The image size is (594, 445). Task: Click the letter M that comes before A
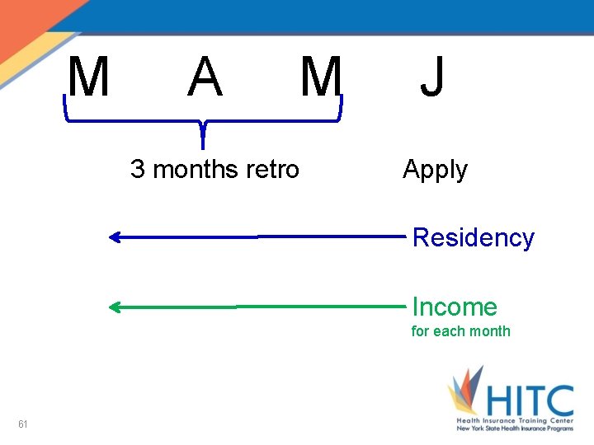89,77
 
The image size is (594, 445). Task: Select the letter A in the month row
205,77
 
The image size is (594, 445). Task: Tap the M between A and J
320,77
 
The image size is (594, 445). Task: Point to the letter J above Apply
431,77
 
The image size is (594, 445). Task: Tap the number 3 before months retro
138,170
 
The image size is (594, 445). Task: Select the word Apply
435,171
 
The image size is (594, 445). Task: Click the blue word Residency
473,238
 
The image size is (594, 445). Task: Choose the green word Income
455,307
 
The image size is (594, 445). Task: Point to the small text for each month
460,331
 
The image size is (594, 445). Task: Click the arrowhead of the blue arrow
115,238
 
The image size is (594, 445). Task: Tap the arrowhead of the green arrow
115,308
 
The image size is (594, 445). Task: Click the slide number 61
23,424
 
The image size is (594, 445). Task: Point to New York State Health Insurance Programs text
515,429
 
